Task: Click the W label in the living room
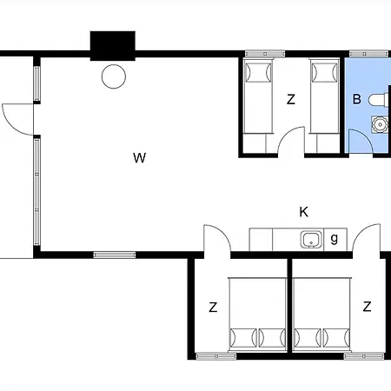point(139,158)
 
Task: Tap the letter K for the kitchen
point(303,212)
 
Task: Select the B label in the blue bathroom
point(357,99)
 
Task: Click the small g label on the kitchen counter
point(335,239)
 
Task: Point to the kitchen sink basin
point(311,240)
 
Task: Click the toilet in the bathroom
point(378,100)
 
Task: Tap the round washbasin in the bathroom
point(380,124)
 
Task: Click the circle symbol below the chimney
point(114,76)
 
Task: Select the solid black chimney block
point(113,46)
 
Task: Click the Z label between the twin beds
point(291,99)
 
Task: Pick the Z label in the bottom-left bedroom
point(213,307)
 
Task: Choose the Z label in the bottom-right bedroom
point(367,306)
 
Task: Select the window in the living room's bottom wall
point(115,255)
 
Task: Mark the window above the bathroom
point(368,54)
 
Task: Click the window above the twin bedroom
point(265,54)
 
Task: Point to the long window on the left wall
point(36,192)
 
